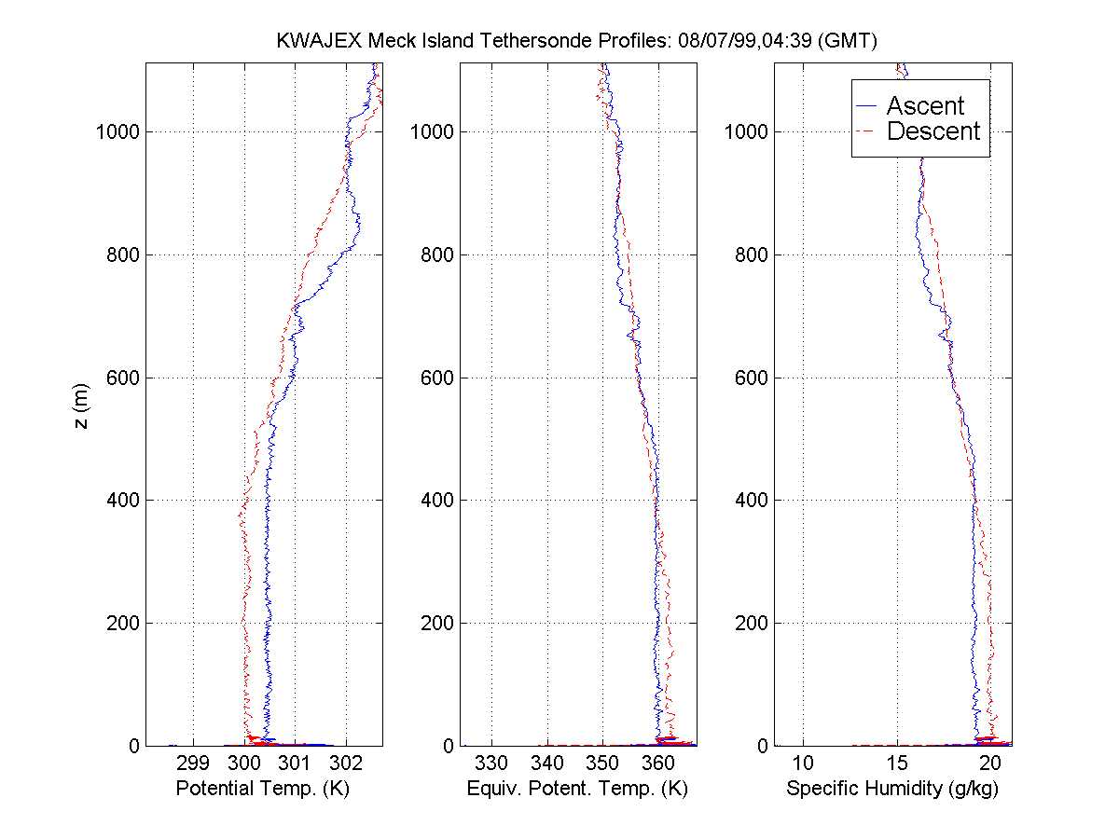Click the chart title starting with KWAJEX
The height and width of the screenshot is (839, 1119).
[x=578, y=41]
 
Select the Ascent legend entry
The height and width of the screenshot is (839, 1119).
[x=925, y=105]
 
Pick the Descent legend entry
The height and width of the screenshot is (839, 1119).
[x=933, y=131]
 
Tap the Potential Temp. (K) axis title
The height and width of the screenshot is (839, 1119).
[x=262, y=790]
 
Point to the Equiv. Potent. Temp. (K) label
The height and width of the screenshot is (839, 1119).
[x=577, y=790]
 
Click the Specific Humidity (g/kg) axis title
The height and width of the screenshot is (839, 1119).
[x=892, y=790]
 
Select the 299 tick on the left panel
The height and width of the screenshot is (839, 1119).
[x=193, y=763]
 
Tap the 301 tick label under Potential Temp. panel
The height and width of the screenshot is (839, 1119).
[x=295, y=763]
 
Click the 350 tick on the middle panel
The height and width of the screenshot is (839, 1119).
[x=603, y=763]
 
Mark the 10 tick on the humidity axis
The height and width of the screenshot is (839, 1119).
[x=804, y=763]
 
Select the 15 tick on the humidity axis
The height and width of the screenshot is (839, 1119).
[x=897, y=763]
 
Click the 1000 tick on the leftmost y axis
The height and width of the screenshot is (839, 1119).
[x=117, y=131]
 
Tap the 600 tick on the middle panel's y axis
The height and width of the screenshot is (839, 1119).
[x=436, y=378]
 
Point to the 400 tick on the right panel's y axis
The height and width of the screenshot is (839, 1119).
[x=751, y=501]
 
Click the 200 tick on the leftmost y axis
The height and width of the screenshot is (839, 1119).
[x=122, y=623]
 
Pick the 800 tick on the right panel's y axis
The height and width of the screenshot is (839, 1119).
[x=751, y=254]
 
